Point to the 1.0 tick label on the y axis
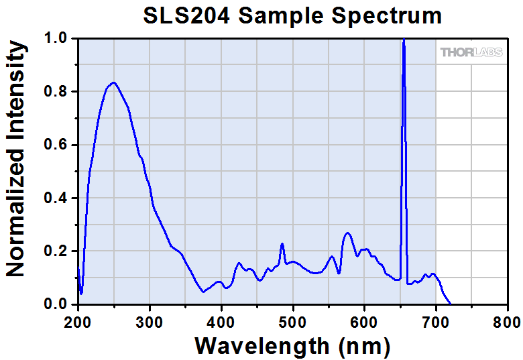(56, 38)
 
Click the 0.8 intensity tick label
(56, 92)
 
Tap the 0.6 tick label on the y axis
(56, 145)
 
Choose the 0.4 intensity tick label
(56, 198)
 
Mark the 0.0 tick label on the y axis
(56, 305)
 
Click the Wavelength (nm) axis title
(292, 345)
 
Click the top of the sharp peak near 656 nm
(404, 41)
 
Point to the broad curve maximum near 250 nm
(114, 82)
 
